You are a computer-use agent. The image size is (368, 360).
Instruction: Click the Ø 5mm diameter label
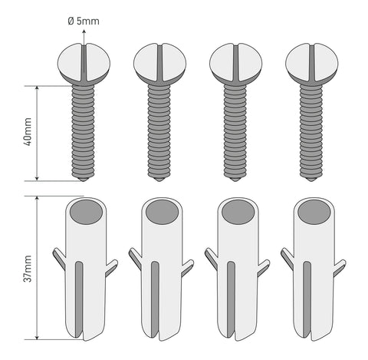(x=84, y=21)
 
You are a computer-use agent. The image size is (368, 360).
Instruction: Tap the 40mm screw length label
(x=28, y=132)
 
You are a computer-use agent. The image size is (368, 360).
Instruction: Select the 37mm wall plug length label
(x=28, y=269)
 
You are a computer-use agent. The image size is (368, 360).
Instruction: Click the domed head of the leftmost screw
(x=84, y=63)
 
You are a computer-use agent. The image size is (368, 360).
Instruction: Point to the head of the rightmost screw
(x=312, y=63)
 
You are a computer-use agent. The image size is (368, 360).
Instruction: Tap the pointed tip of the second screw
(x=159, y=180)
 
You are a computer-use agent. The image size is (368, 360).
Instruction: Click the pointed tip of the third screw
(x=235, y=180)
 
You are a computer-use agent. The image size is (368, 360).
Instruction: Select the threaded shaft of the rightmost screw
(x=311, y=131)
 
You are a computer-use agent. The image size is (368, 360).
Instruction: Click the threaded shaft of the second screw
(x=159, y=131)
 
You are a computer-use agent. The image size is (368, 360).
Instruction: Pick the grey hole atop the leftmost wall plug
(x=87, y=212)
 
